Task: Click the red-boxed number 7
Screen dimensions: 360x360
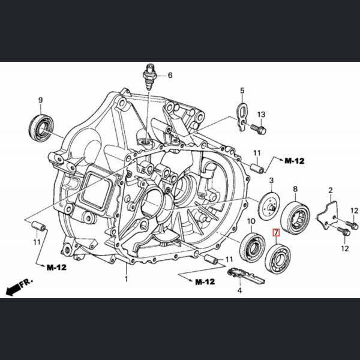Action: (x=276, y=233)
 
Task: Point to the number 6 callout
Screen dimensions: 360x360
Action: (x=170, y=76)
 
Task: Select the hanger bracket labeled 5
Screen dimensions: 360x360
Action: (x=240, y=113)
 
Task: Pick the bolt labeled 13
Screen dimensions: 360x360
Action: (x=257, y=127)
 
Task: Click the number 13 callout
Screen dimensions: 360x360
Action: (x=262, y=114)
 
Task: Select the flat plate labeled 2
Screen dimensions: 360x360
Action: (x=329, y=215)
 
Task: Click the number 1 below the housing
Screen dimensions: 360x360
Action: (x=127, y=279)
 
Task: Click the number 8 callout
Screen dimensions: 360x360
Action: (x=295, y=189)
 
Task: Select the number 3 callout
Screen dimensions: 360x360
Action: (x=271, y=181)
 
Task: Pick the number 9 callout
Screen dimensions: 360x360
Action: (x=40, y=100)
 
